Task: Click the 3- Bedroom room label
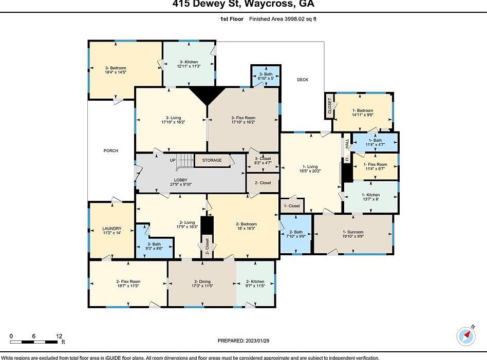pos(116,70)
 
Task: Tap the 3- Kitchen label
pos(189,64)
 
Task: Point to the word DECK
pos(303,80)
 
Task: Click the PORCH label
pos(110,150)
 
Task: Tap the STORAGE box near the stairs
pos(212,160)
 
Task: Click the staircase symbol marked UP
pos(183,163)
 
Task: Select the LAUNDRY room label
pos(111,231)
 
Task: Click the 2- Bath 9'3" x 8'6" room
pos(154,246)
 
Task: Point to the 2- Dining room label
pos(202,283)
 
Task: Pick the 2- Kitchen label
pos(255,283)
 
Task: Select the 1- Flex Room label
pos(374,166)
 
